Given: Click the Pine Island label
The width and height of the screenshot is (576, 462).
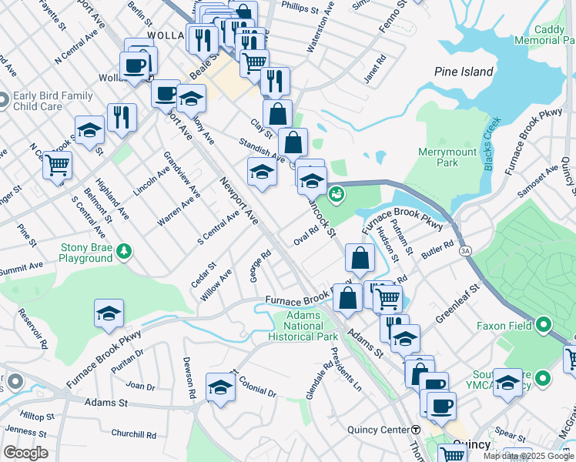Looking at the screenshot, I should coord(464,72).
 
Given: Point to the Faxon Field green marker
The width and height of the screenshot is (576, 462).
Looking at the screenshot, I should coord(543,326).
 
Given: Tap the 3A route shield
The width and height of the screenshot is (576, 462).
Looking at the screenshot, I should coord(464,250).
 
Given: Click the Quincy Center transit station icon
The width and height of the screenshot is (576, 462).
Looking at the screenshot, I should coord(415,429).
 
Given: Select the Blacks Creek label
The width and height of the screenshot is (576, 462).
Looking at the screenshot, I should coord(490,136).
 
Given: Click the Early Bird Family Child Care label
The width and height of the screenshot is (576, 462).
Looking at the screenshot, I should coord(52,102).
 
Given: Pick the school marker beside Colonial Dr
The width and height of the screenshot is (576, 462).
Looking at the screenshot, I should coord(220,387).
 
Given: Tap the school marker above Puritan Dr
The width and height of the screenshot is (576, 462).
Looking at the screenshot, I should coord(109,313).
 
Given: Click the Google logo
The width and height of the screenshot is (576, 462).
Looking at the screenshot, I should coord(25,453).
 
